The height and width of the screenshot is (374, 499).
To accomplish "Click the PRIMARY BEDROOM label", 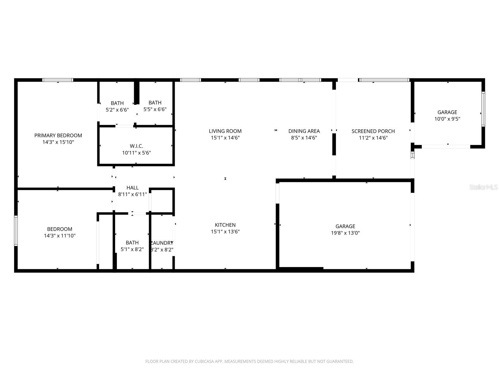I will coord(58,135).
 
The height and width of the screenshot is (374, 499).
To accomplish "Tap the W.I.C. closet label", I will coord(136,146).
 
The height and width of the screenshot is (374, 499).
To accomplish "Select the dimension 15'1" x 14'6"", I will coord(225,138).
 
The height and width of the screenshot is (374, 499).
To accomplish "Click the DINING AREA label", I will coord(304,131).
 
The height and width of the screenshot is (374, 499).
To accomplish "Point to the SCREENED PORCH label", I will coord(373,131).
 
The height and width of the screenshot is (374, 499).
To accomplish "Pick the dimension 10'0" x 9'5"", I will coord(447,119).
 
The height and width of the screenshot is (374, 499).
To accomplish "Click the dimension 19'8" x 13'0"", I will coord(345,233).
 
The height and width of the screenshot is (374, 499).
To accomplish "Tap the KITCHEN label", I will coord(225,225).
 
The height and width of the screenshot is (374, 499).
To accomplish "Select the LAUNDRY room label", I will coord(162,243).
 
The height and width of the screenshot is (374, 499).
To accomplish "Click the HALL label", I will coord(132,188).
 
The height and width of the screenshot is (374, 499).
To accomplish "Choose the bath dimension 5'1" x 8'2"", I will coord(132,249).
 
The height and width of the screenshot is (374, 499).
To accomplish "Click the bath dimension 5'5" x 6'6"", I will coord(155,109).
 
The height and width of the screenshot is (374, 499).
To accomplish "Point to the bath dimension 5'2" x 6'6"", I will coord(117,110).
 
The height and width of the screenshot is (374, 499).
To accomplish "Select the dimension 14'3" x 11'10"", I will coord(60,236).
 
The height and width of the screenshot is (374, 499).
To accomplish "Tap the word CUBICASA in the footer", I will coord(205,362).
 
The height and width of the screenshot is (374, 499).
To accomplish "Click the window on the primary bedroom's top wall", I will coord(58,80).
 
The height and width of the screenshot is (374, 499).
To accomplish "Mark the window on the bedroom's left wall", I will coord(16,231).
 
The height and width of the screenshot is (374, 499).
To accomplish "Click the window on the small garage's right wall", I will coord(483,109).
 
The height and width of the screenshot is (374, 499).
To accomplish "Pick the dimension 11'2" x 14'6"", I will coord(373,138).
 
